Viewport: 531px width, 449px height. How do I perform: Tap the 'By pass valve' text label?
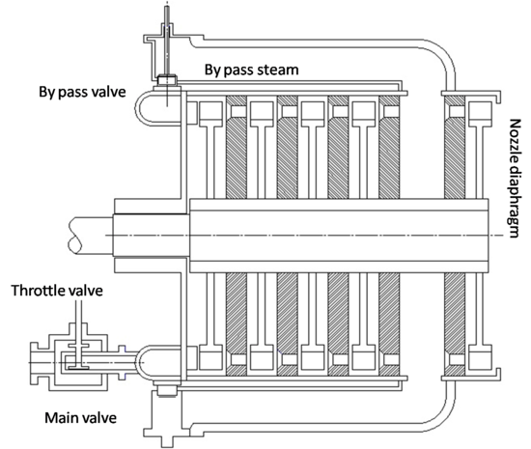(81, 94)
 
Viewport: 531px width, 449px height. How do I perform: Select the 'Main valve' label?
(82, 418)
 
